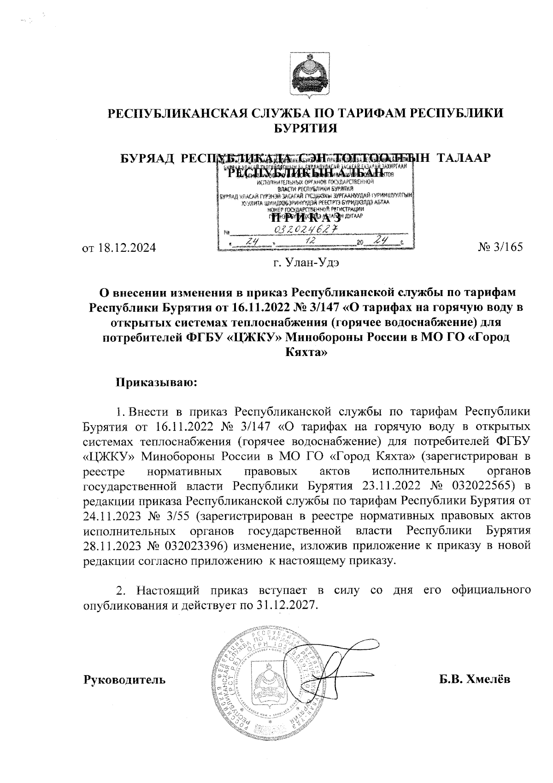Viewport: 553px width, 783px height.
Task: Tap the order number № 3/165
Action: coord(501,247)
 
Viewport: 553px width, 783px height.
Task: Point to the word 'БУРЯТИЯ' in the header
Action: coord(306,128)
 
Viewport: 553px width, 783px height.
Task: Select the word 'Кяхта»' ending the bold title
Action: coord(305,353)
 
